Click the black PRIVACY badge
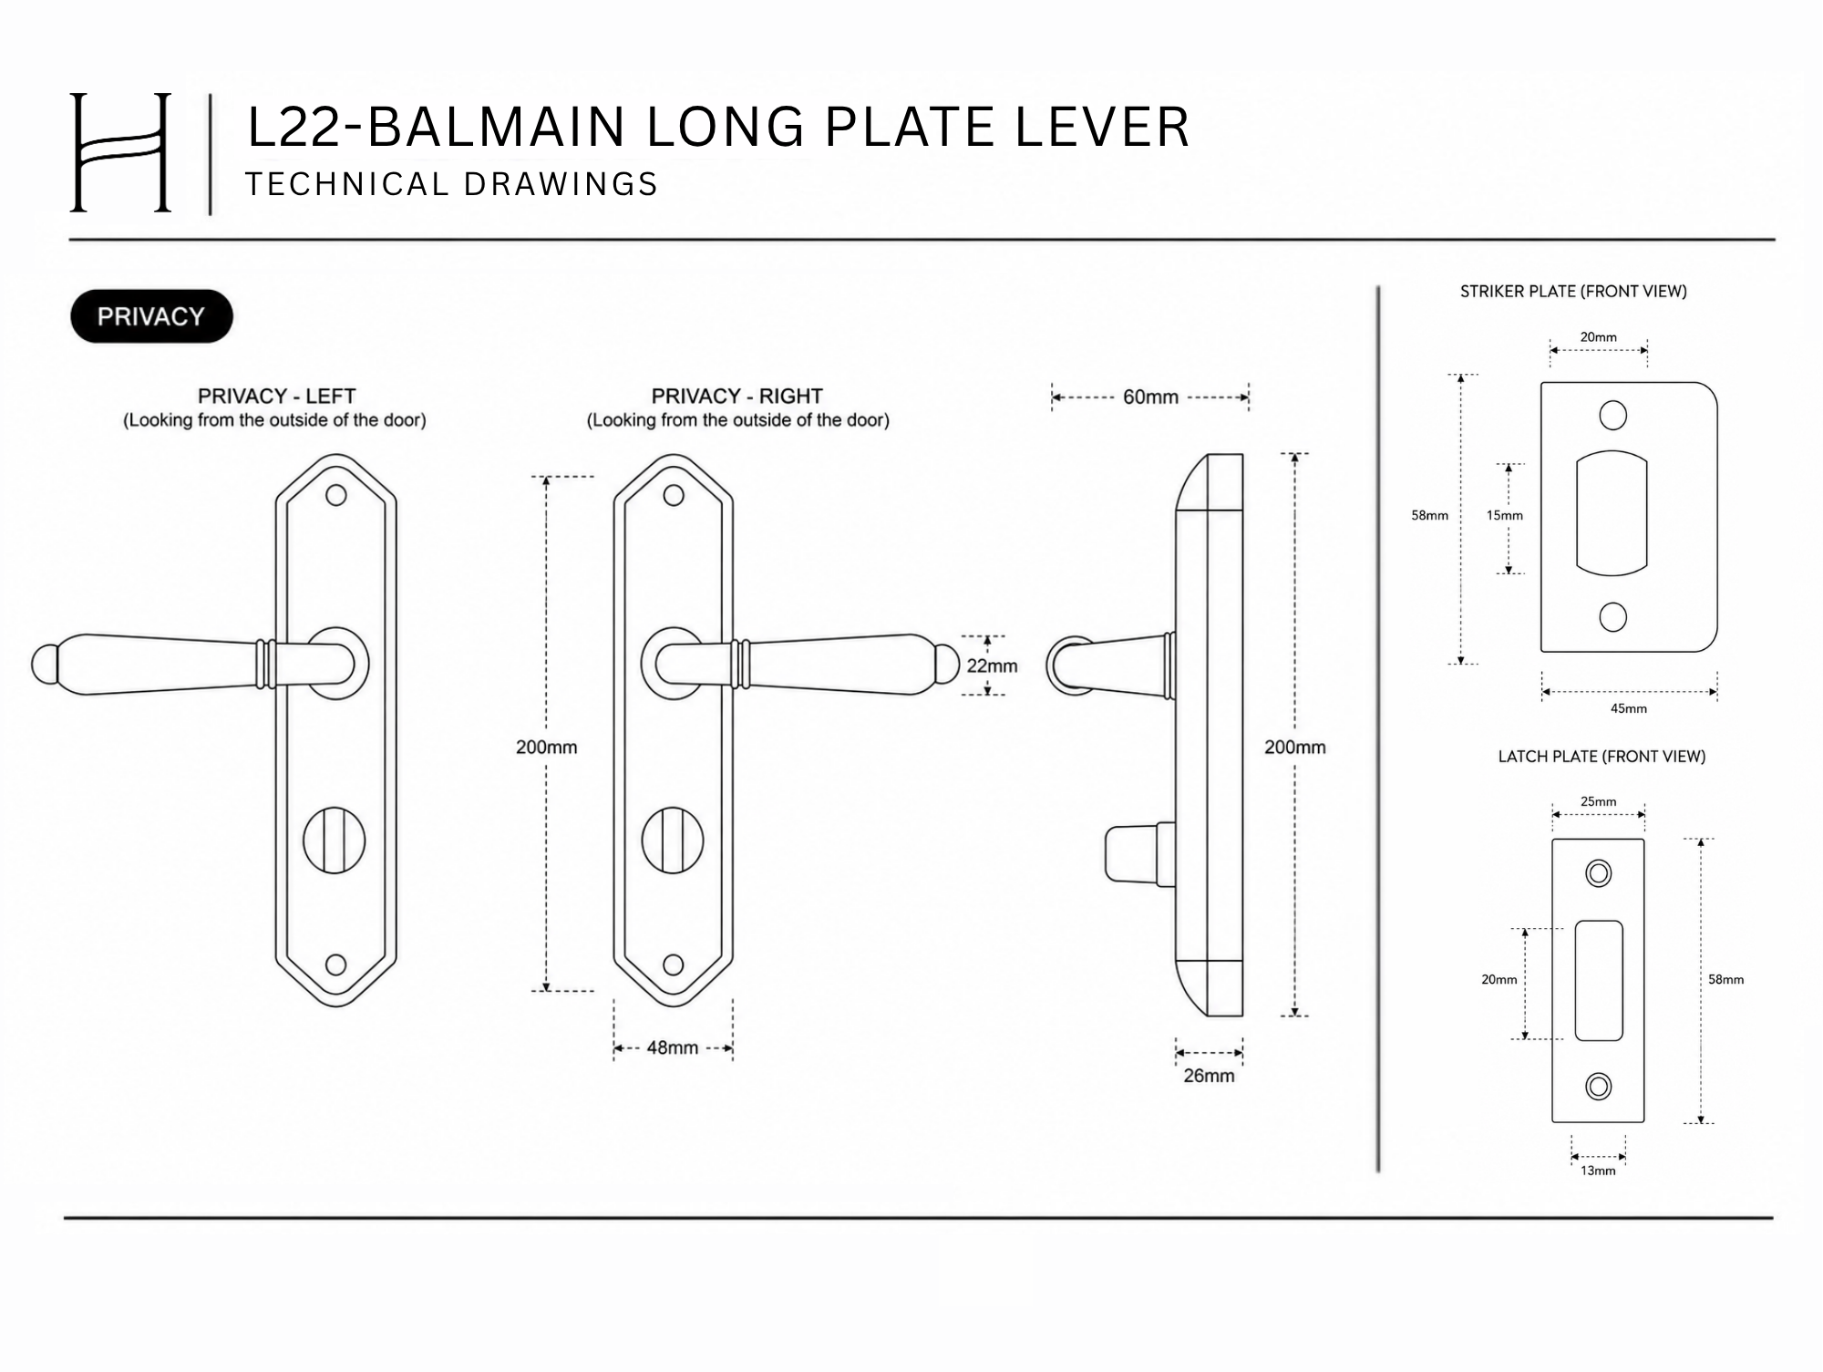click(151, 316)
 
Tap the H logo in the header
click(120, 152)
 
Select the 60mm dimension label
click(1150, 397)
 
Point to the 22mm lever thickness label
click(993, 665)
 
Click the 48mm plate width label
click(673, 1047)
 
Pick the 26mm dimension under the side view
click(1209, 1076)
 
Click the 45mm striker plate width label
click(1629, 708)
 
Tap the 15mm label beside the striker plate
click(1505, 515)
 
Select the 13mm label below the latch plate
click(1598, 1171)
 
